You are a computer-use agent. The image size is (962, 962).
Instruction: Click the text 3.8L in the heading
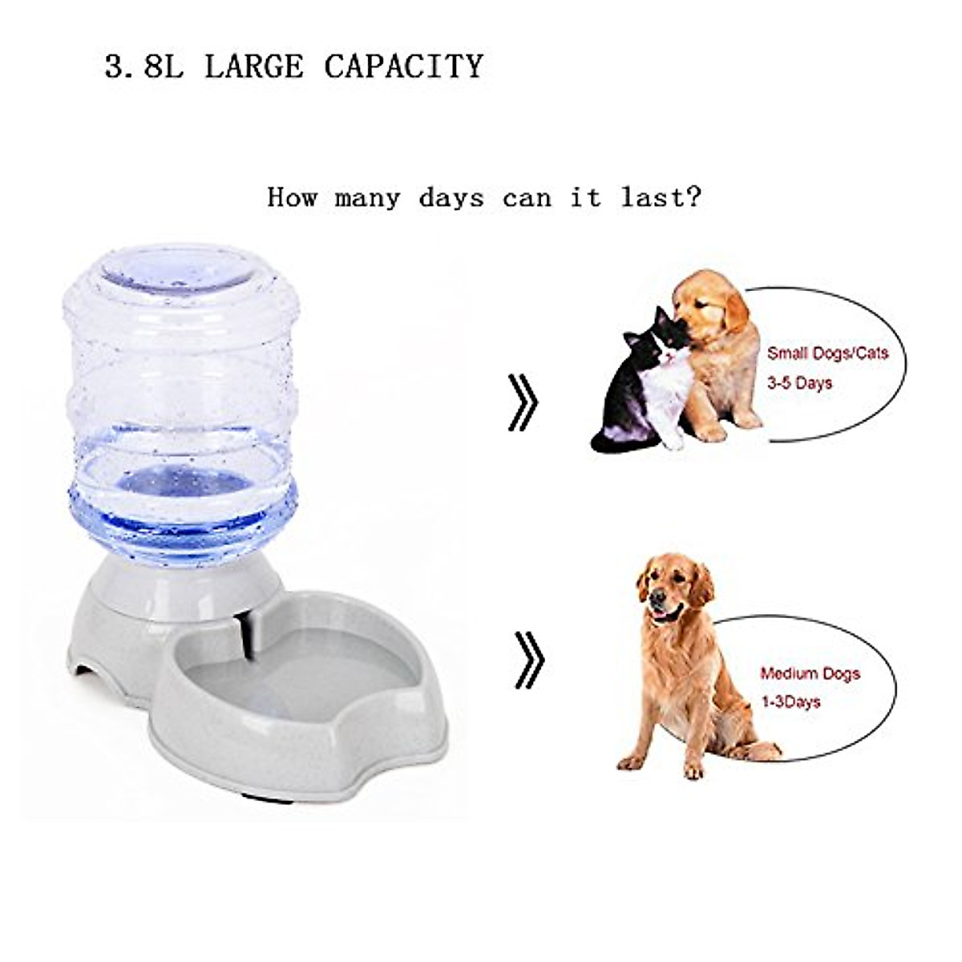click(143, 66)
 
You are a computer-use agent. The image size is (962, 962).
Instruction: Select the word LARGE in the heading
click(254, 66)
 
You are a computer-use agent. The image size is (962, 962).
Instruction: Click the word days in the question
click(451, 197)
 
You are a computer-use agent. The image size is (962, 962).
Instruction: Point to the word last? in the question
click(661, 197)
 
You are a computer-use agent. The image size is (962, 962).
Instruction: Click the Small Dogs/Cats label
click(827, 353)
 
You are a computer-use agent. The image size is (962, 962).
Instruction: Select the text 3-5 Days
click(799, 383)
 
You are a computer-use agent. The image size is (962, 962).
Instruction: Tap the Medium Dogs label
click(810, 673)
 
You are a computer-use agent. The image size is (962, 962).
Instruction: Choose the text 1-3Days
click(790, 702)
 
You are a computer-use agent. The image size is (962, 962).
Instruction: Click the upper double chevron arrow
click(523, 401)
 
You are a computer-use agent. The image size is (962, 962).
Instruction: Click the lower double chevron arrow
click(528, 660)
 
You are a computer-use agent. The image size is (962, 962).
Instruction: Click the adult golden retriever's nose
click(657, 597)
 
